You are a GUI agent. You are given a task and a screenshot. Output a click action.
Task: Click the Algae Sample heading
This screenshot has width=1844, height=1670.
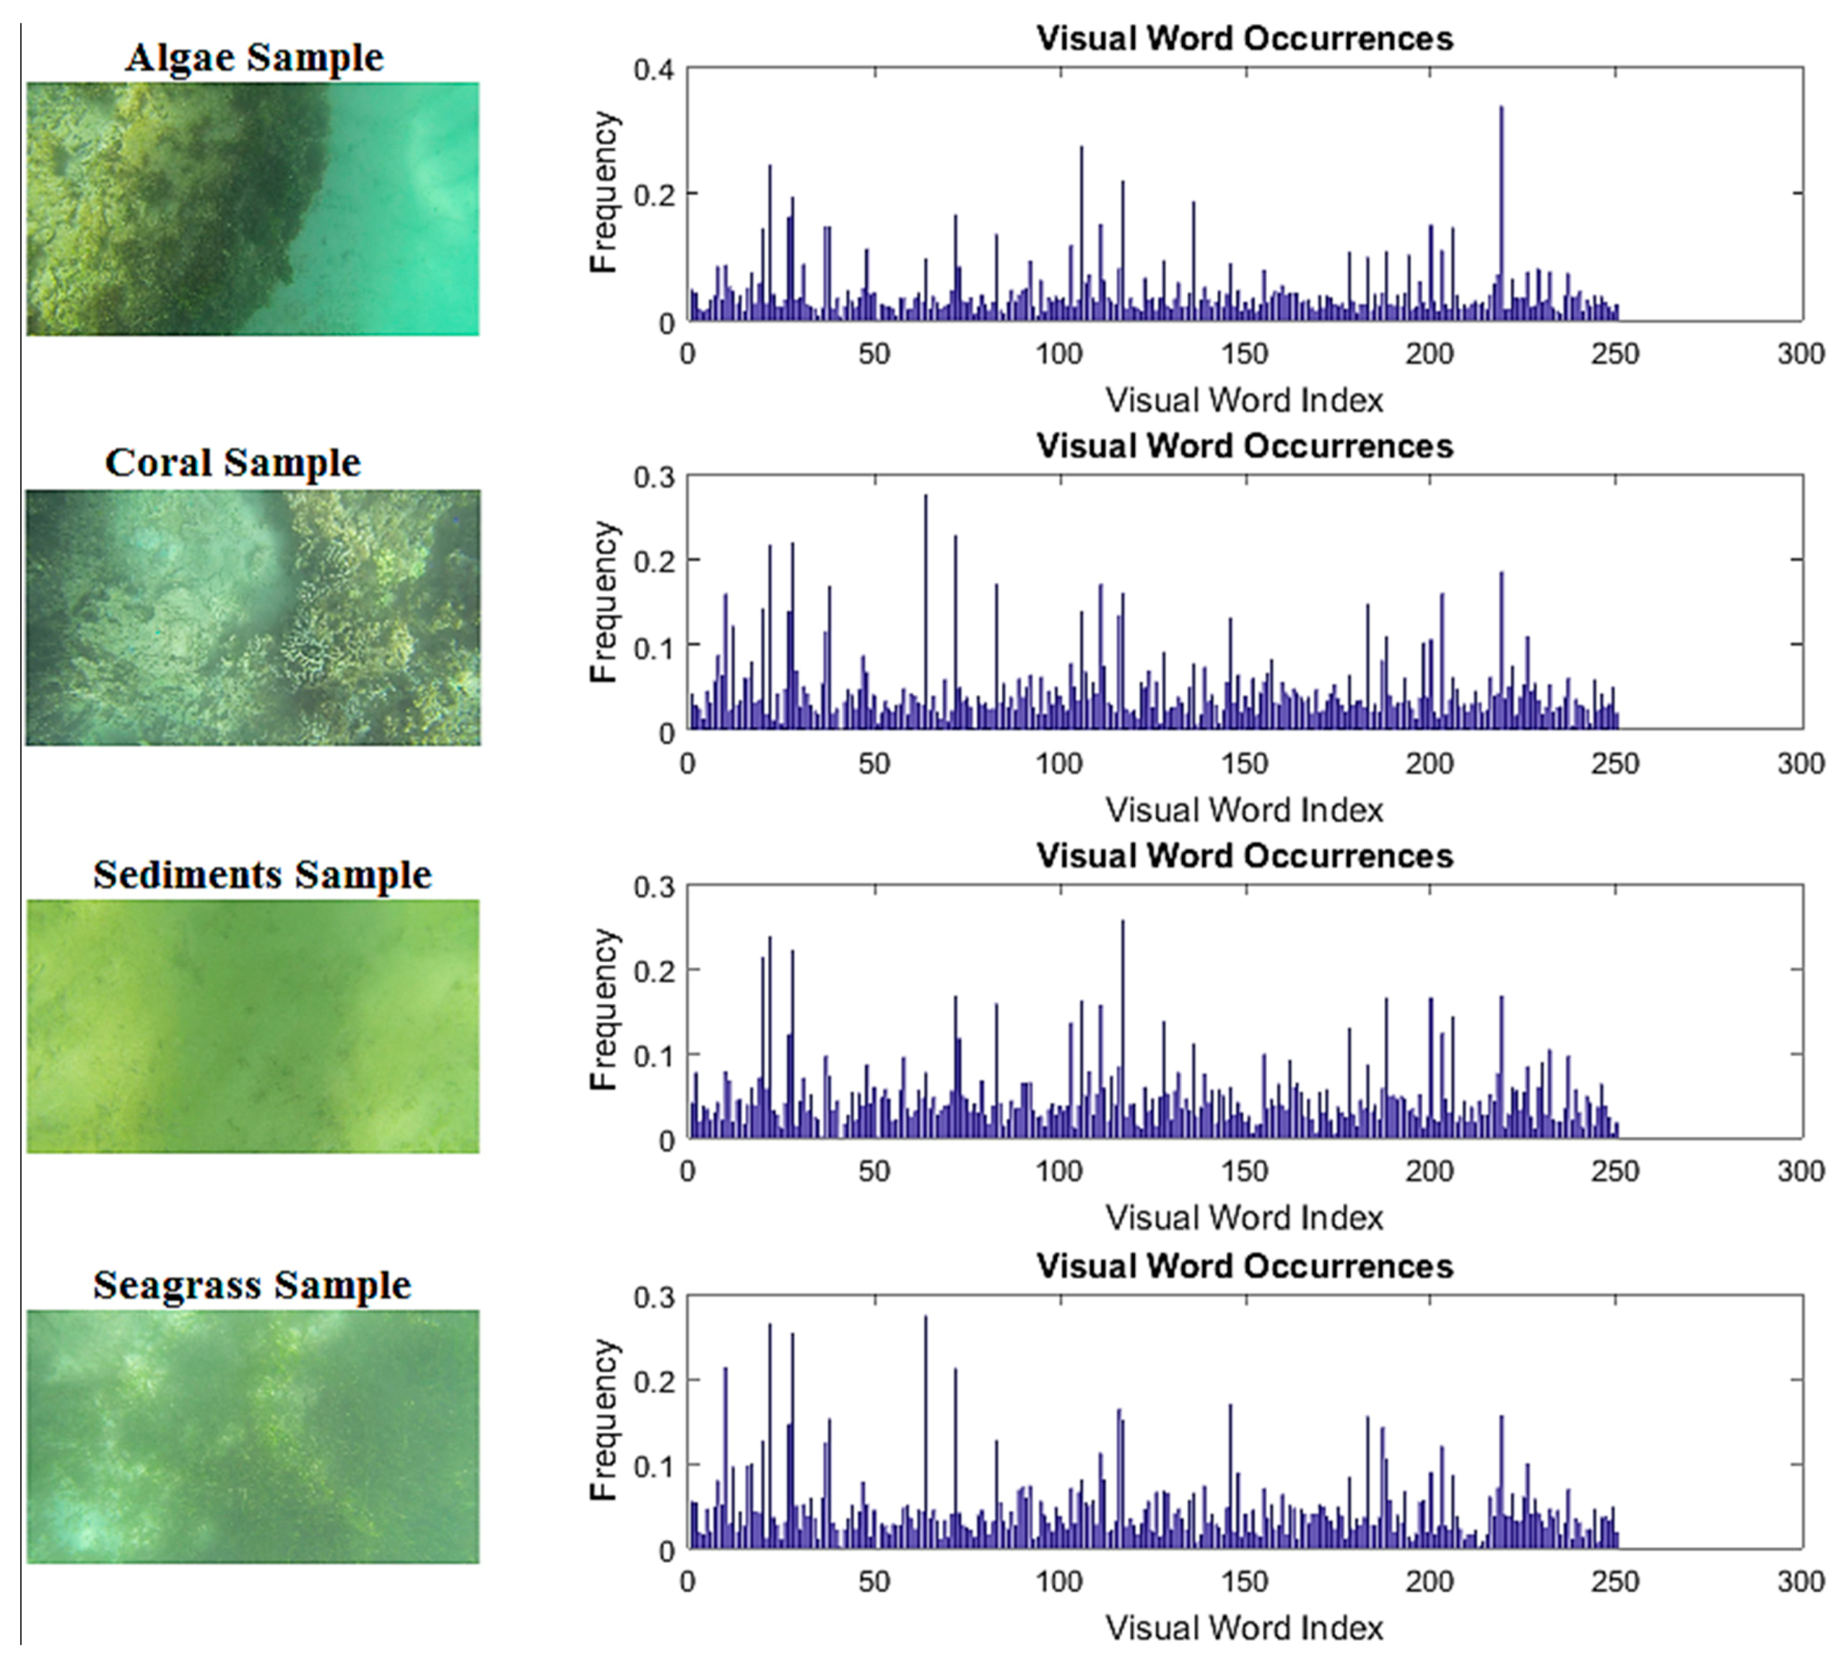(254, 58)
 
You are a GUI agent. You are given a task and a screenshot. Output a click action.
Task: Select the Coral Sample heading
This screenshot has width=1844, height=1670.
(233, 463)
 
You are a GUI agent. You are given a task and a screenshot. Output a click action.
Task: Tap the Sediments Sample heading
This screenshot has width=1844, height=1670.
(262, 875)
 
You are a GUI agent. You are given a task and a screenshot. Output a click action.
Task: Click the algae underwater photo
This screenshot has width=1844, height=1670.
(253, 209)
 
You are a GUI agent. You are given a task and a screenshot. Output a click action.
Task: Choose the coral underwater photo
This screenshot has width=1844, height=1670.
(253, 617)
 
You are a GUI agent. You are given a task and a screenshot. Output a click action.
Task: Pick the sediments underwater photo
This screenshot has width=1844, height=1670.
(253, 1026)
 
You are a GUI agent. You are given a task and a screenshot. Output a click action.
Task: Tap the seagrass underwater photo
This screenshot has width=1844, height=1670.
(253, 1436)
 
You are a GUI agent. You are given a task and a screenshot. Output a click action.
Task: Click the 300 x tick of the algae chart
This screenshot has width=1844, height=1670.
(1800, 354)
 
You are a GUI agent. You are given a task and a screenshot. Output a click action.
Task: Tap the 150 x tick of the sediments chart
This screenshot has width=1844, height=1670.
(1244, 1172)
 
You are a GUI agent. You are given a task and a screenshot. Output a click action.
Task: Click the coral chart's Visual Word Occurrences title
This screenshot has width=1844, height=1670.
(1244, 446)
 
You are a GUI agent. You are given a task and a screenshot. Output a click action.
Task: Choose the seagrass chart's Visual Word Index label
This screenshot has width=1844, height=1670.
(1244, 1628)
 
